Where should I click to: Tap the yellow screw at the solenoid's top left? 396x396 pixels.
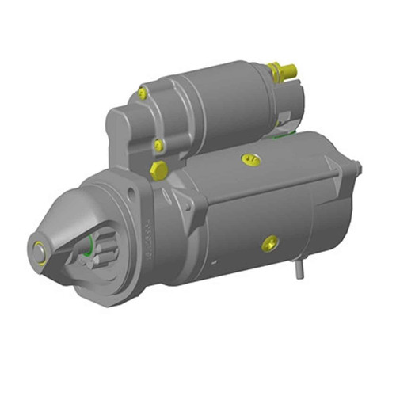[143, 93]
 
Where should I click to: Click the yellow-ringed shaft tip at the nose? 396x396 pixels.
[36, 248]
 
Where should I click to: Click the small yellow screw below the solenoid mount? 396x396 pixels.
[158, 145]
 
